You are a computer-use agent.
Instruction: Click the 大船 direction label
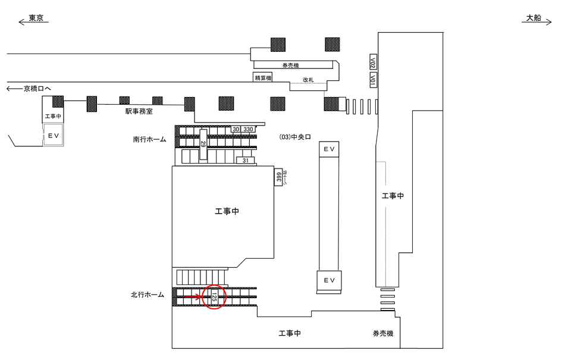(x=532, y=18)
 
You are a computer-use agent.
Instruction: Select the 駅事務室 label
(x=139, y=110)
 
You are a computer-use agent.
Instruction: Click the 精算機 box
(x=262, y=78)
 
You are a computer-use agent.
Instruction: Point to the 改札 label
(x=308, y=79)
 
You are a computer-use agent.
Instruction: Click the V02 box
(x=373, y=62)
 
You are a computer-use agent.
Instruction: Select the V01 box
(x=373, y=80)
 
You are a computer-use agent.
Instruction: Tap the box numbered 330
(x=248, y=129)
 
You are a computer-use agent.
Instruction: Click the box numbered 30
(x=236, y=129)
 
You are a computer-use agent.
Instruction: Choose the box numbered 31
(x=246, y=161)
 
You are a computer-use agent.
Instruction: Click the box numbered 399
(x=277, y=177)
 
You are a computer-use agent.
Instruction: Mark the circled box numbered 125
(x=214, y=296)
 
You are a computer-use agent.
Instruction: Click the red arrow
(x=192, y=296)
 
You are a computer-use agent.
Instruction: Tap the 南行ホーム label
(x=150, y=140)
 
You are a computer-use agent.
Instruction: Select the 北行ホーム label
(x=148, y=295)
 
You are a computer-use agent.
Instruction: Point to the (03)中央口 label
(x=295, y=137)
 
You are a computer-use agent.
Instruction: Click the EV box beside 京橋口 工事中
(x=53, y=136)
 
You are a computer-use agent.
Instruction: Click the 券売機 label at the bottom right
(x=383, y=334)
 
